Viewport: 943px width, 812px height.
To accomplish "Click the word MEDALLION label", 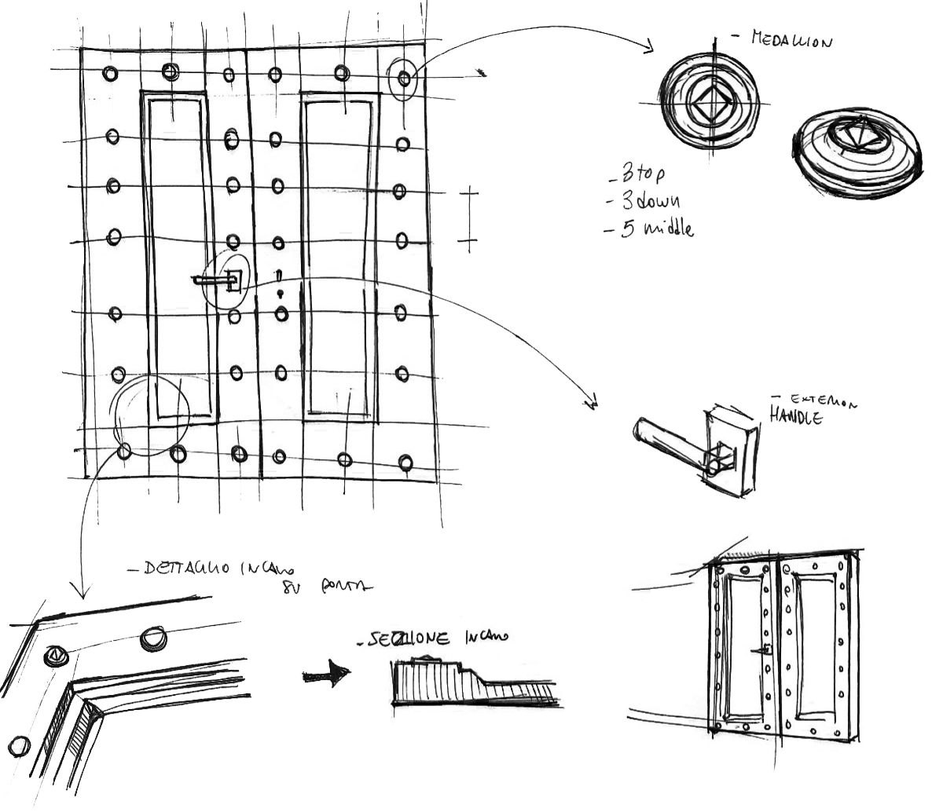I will coord(789,39).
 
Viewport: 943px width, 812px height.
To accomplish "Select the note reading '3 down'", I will coord(647,201).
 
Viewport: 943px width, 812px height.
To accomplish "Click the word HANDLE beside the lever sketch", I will coord(795,416).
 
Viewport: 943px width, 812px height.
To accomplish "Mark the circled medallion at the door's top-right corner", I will coord(403,78).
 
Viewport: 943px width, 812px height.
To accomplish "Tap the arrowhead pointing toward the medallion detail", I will coord(649,48).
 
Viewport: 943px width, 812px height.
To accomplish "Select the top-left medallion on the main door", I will coord(109,74).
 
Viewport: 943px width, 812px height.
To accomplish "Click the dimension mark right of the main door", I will coord(468,220).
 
